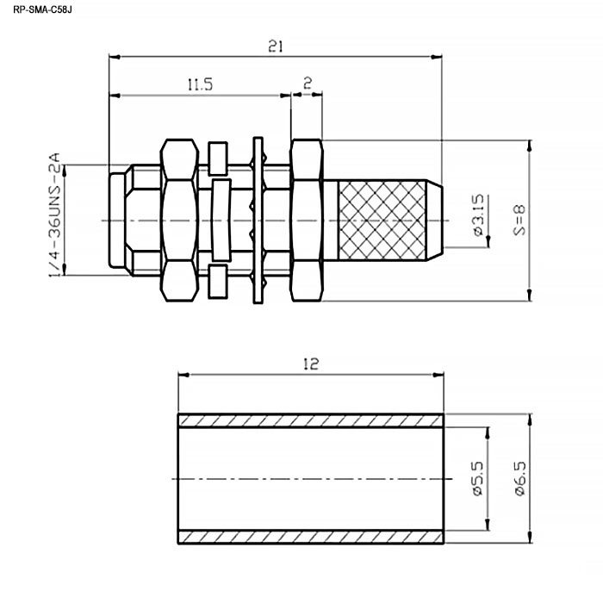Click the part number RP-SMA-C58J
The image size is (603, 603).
pos(42,9)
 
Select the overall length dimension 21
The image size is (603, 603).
pos(276,47)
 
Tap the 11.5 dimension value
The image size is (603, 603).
pos(201,84)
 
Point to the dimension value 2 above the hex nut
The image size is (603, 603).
pos(308,83)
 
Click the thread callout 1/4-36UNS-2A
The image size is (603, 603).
pos(54,214)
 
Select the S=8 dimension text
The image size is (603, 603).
pos(519,220)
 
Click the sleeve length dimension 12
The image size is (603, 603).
pos(311,364)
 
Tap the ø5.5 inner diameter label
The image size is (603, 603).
pos(477,479)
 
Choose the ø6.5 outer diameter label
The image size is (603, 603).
pos(519,479)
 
